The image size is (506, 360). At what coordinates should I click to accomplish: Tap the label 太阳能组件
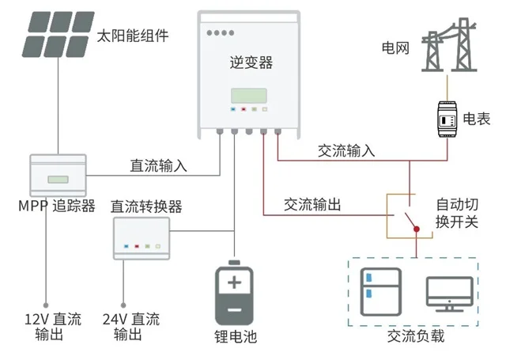[x=133, y=36]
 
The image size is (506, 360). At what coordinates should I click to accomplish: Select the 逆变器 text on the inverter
[x=250, y=63]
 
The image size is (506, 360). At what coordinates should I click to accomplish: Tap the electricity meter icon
[x=444, y=118]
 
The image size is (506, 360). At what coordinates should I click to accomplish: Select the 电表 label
[x=476, y=119]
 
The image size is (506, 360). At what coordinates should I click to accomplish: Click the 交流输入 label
[x=346, y=150]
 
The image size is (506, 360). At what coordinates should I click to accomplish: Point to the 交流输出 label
[x=312, y=205]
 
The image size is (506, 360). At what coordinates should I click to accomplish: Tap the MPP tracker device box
[x=56, y=173]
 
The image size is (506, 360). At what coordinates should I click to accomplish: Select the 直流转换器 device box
[x=142, y=237]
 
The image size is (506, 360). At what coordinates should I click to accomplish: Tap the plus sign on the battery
[x=235, y=282]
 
